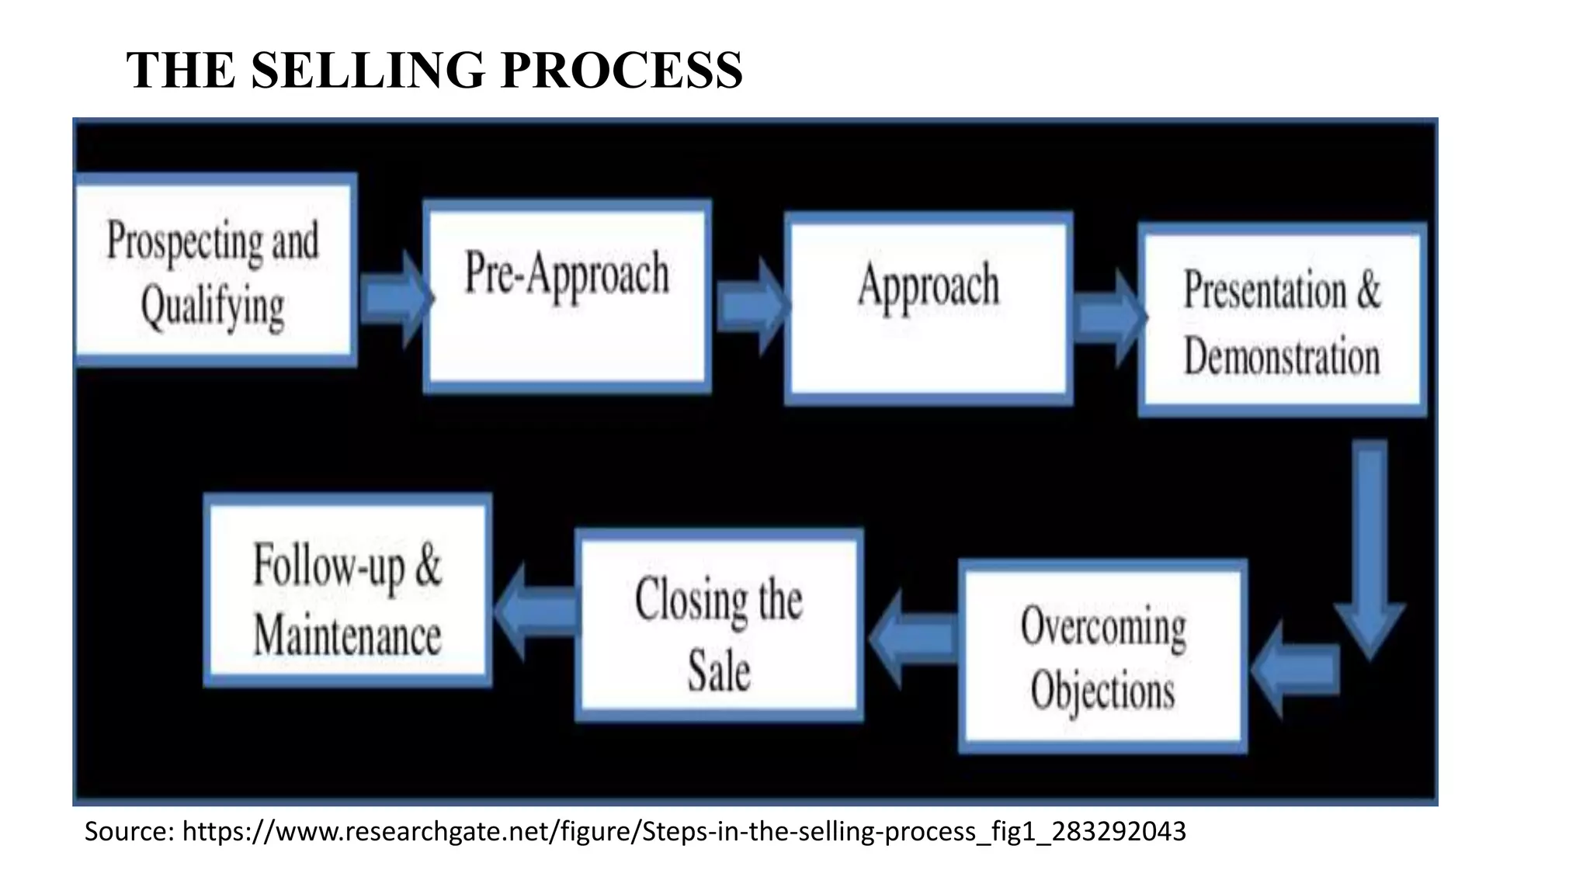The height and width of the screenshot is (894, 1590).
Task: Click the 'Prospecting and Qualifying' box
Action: pos(214,269)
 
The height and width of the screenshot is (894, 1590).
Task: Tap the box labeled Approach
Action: pos(929,308)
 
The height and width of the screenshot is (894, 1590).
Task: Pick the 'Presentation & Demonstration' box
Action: pos(1282,320)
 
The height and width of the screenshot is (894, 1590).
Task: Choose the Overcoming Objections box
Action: pos(1102,656)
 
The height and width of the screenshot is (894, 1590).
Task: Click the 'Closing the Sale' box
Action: pos(719,625)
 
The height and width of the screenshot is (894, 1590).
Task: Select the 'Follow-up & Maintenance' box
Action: pos(347,590)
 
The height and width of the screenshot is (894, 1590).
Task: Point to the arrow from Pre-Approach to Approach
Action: pos(749,306)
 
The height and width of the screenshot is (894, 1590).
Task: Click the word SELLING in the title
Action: pos(369,70)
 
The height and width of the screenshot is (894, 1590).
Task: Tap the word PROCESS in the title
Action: pos(622,70)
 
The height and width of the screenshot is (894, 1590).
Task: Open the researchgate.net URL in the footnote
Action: pos(684,831)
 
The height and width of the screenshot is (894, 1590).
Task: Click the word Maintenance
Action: pos(347,636)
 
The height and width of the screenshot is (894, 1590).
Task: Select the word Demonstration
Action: pos(1282,357)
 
